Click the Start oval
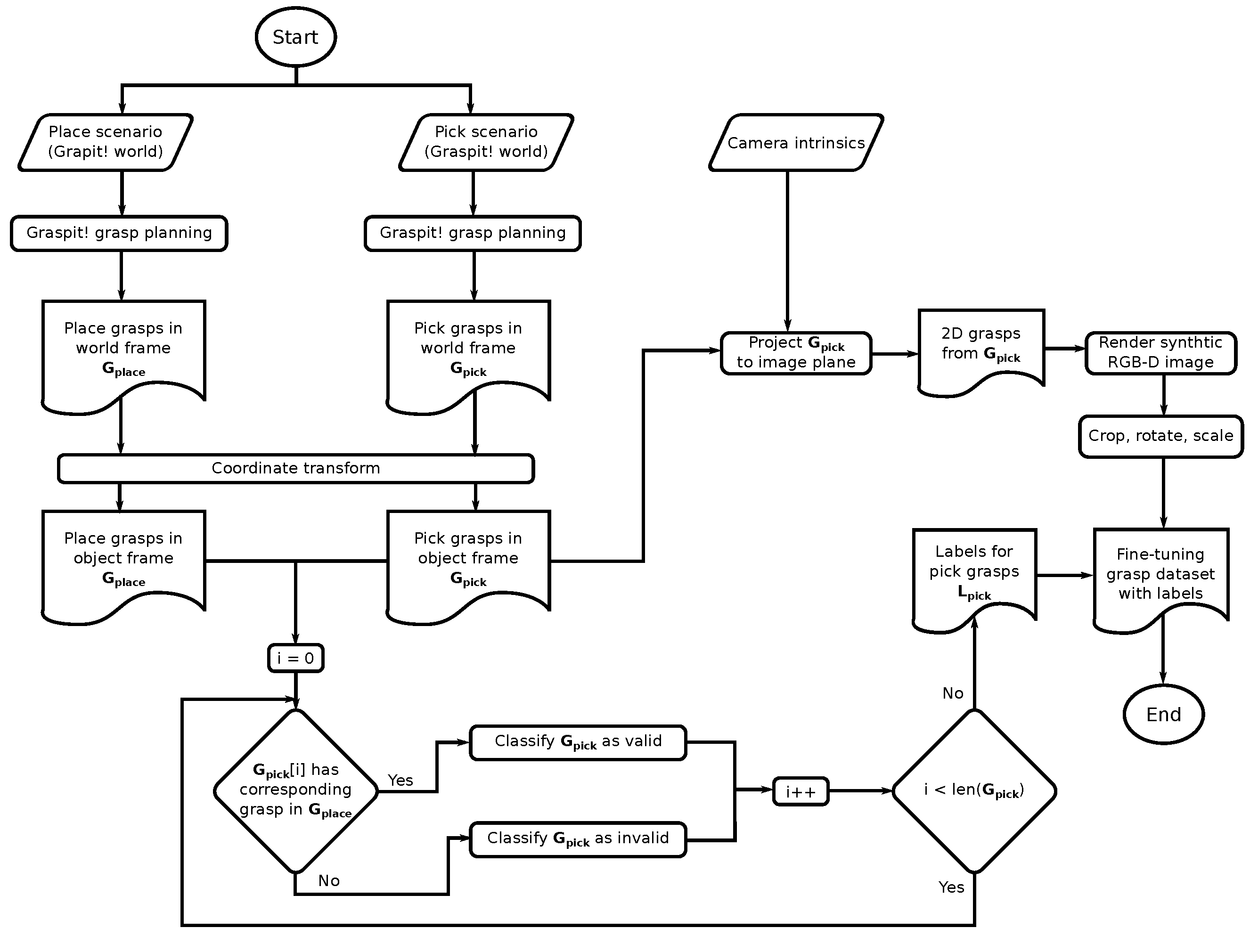pyautogui.click(x=295, y=37)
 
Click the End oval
pyautogui.click(x=1163, y=715)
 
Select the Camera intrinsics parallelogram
pyautogui.click(x=796, y=143)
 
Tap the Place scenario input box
pyautogui.click(x=106, y=142)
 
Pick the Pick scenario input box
pyautogui.click(x=486, y=142)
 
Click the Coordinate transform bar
pyautogui.click(x=295, y=468)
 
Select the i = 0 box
pyautogui.click(x=295, y=658)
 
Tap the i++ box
pyautogui.click(x=800, y=791)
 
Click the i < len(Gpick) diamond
pyautogui.click(x=974, y=791)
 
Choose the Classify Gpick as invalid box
pyautogui.click(x=578, y=839)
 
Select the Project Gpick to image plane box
pyautogui.click(x=796, y=352)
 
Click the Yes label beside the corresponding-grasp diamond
pyautogui.click(x=400, y=780)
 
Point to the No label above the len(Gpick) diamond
pyautogui.click(x=953, y=693)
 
